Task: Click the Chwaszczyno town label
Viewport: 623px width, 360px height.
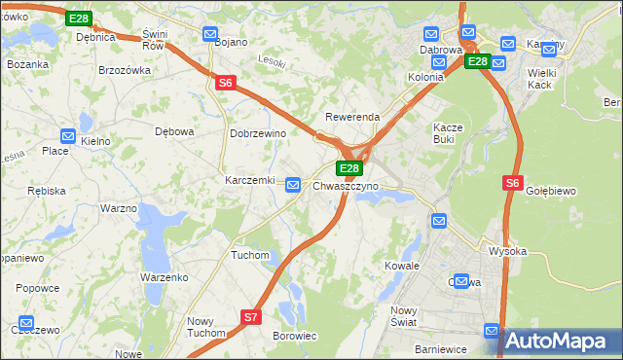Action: click(346, 185)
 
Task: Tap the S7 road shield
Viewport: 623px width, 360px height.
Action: click(251, 316)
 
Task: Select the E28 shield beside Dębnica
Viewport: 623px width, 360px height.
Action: click(79, 18)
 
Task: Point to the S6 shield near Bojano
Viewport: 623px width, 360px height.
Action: click(225, 84)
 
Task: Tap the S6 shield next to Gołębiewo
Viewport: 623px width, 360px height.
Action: click(513, 182)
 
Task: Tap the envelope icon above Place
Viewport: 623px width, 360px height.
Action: click(68, 136)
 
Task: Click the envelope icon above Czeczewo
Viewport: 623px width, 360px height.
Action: click(26, 322)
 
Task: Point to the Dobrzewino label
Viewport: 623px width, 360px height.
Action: click(257, 133)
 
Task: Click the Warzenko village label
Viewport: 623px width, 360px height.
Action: click(164, 277)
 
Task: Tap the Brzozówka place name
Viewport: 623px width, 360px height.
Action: click(125, 70)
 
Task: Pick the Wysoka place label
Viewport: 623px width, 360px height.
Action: click(507, 251)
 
